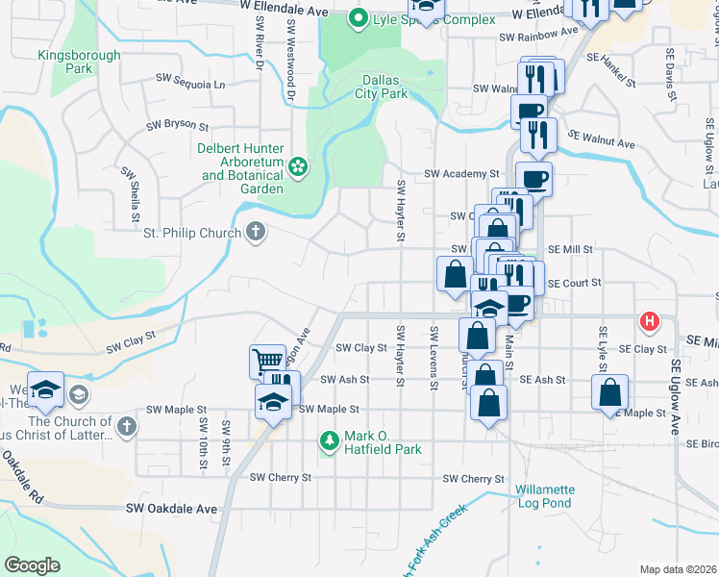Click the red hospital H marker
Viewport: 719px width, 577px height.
tap(650, 320)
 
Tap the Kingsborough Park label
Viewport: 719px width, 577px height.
tap(79, 63)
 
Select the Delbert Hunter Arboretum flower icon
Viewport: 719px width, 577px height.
tap(299, 168)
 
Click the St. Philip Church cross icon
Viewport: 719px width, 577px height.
tap(255, 231)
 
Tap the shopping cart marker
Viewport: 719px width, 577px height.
tap(267, 362)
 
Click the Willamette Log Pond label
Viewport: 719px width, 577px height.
tap(543, 496)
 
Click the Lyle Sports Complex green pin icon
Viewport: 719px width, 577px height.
tap(359, 17)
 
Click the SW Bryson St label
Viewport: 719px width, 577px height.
tap(177, 125)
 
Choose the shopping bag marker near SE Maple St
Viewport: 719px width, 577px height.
tap(609, 392)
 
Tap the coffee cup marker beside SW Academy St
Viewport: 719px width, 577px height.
tap(534, 178)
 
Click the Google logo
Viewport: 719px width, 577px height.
tap(32, 565)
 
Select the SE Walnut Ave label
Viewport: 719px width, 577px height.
tap(602, 138)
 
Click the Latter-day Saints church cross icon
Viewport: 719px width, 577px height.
tap(126, 424)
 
